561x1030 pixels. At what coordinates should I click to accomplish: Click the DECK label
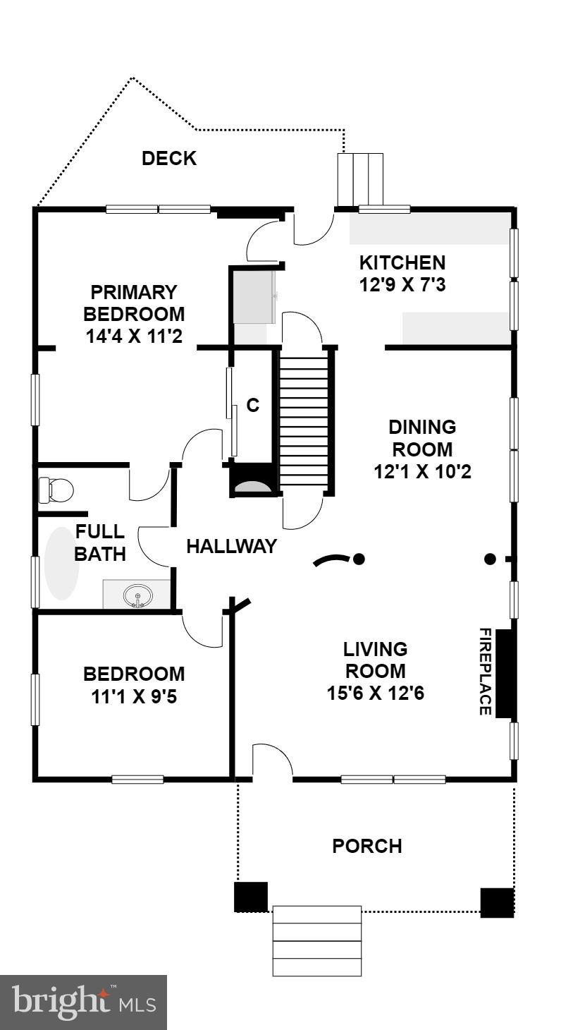point(169,159)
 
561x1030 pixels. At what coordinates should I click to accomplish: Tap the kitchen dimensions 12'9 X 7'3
point(402,286)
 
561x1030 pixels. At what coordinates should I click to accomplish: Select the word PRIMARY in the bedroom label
point(133,292)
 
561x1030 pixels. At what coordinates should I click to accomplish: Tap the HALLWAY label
point(231,546)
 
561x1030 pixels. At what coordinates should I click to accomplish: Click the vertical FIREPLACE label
point(485,672)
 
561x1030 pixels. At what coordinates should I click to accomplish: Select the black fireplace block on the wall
point(505,673)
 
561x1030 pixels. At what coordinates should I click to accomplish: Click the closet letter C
point(253,406)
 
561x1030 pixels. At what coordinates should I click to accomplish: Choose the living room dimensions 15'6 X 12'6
point(375,693)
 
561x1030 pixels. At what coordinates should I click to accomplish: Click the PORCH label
point(367,846)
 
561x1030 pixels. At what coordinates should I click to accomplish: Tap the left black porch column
point(250,896)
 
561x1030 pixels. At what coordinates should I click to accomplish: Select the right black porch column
point(497,902)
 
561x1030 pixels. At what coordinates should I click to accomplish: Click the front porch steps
point(317,941)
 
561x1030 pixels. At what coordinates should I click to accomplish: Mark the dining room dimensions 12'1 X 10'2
point(422,471)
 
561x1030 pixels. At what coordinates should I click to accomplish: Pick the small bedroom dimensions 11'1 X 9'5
point(133,696)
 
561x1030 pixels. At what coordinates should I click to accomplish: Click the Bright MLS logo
point(83,1002)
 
